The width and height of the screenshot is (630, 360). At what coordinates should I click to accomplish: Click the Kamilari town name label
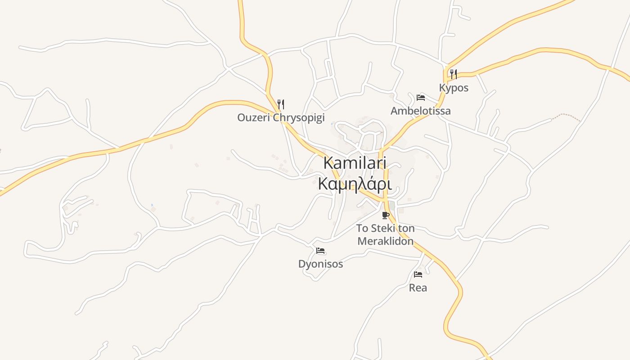click(x=355, y=163)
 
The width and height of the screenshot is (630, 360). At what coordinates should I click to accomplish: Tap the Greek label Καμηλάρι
click(x=355, y=184)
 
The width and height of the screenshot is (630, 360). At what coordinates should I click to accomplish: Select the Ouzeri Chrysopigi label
click(x=281, y=118)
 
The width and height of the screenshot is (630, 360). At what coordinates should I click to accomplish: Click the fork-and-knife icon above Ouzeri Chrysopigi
click(x=280, y=104)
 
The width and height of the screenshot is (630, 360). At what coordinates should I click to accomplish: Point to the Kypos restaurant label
click(x=454, y=88)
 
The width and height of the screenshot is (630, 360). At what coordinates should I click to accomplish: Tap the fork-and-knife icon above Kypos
click(x=454, y=74)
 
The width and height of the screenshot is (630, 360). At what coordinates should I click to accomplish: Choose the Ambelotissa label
click(x=420, y=111)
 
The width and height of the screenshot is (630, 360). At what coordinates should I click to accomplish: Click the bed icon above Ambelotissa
click(x=421, y=97)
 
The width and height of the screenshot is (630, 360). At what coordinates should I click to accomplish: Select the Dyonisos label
click(x=320, y=264)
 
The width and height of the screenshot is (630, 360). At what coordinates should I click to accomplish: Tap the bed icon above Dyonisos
click(x=320, y=251)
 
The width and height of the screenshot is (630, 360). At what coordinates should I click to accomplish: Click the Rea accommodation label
click(x=418, y=288)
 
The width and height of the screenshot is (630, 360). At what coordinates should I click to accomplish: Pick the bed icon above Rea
click(x=418, y=274)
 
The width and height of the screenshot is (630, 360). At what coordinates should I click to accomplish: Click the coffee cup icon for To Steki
click(x=385, y=215)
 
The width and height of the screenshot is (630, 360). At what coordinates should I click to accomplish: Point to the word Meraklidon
click(x=385, y=241)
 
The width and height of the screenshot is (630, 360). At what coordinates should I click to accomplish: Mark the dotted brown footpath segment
click(x=566, y=117)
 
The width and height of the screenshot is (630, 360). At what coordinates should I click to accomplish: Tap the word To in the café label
click(x=362, y=228)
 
